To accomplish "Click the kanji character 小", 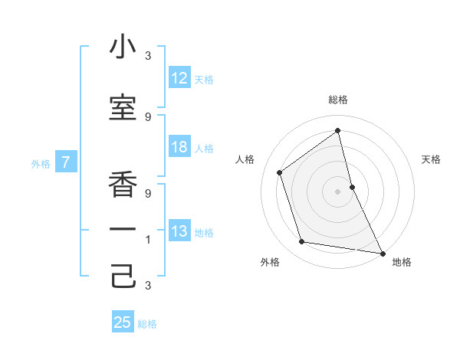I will coord(123,47).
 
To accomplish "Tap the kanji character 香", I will coord(123,183).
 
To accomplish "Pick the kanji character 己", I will coord(123,276).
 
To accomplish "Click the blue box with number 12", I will coord(179,78).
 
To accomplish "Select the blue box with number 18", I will coord(179,147).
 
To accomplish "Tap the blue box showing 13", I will coord(179,231).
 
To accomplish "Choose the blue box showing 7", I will coord(67,162).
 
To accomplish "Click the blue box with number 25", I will coord(123,322).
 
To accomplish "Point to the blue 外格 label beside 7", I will coord(41,163).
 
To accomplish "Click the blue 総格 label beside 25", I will coord(147,324).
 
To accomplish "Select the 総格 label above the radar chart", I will coord(338,100).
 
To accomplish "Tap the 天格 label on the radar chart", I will coord(431,159).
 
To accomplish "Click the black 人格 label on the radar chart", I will coord(245,159).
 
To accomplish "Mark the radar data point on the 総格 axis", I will coord(338,129).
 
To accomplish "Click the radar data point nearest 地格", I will coord(383,253).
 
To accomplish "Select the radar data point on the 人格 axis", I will coord(280,172).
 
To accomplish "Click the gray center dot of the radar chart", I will coord(338,191).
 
